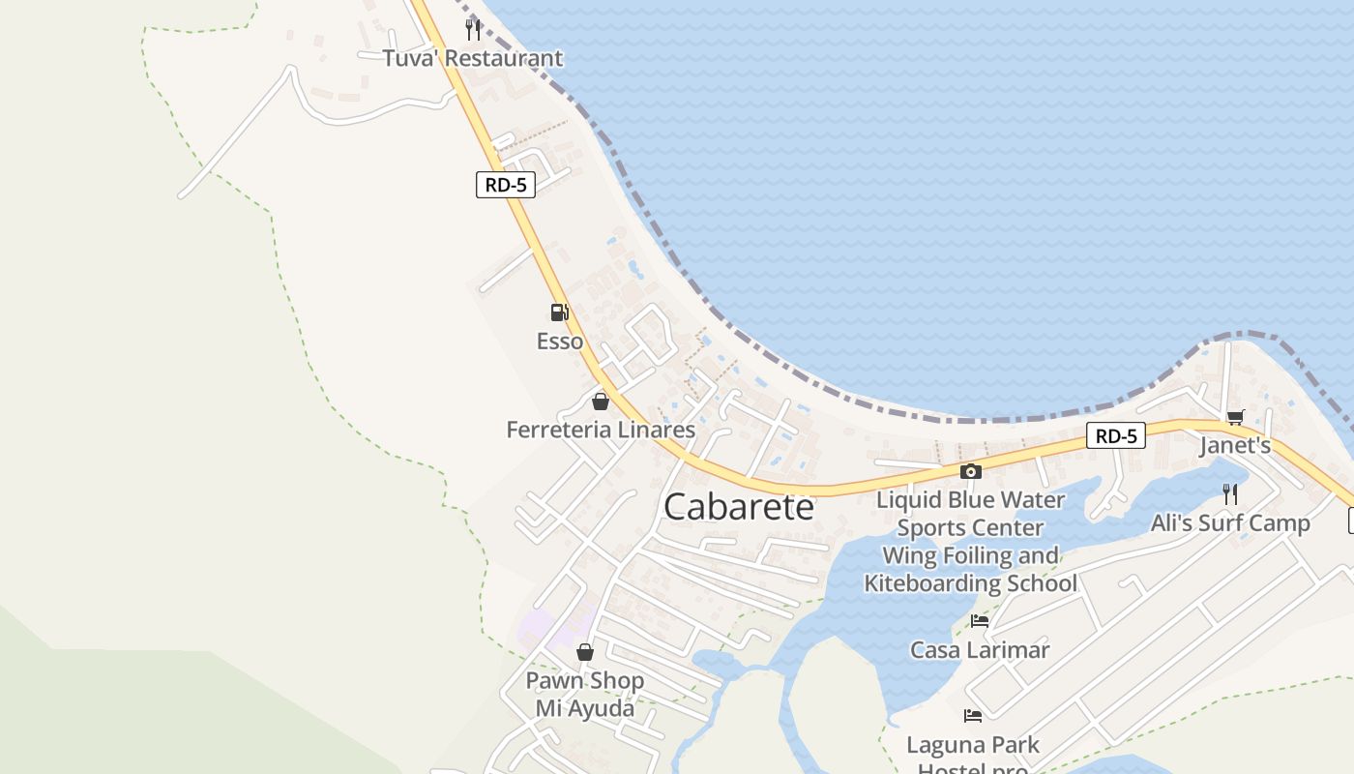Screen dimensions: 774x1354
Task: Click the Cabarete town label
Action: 739,507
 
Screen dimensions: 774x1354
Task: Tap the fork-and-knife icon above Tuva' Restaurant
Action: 473,29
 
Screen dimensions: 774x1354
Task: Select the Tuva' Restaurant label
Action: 473,58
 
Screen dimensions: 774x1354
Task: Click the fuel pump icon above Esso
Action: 559,313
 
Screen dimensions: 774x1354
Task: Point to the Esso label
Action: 560,342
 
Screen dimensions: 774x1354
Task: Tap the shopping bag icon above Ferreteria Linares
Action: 601,401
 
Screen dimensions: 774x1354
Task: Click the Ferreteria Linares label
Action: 601,430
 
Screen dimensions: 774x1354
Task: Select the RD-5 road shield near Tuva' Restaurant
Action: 506,185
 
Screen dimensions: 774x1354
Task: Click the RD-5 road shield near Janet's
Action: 1115,436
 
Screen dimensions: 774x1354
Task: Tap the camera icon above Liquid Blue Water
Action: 970,471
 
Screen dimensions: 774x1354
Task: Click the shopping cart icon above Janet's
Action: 1235,417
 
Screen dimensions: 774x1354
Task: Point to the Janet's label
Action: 1235,446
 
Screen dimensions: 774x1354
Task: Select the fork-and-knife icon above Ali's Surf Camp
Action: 1230,493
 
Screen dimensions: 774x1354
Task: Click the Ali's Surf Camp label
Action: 1230,523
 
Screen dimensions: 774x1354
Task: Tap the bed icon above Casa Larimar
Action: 980,620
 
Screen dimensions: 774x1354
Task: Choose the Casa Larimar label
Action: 980,649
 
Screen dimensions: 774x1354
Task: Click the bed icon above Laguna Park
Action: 973,716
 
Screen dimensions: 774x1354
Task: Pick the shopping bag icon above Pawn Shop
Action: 585,652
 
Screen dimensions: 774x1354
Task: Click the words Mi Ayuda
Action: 585,708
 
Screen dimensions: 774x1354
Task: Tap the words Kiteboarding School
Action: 970,583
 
